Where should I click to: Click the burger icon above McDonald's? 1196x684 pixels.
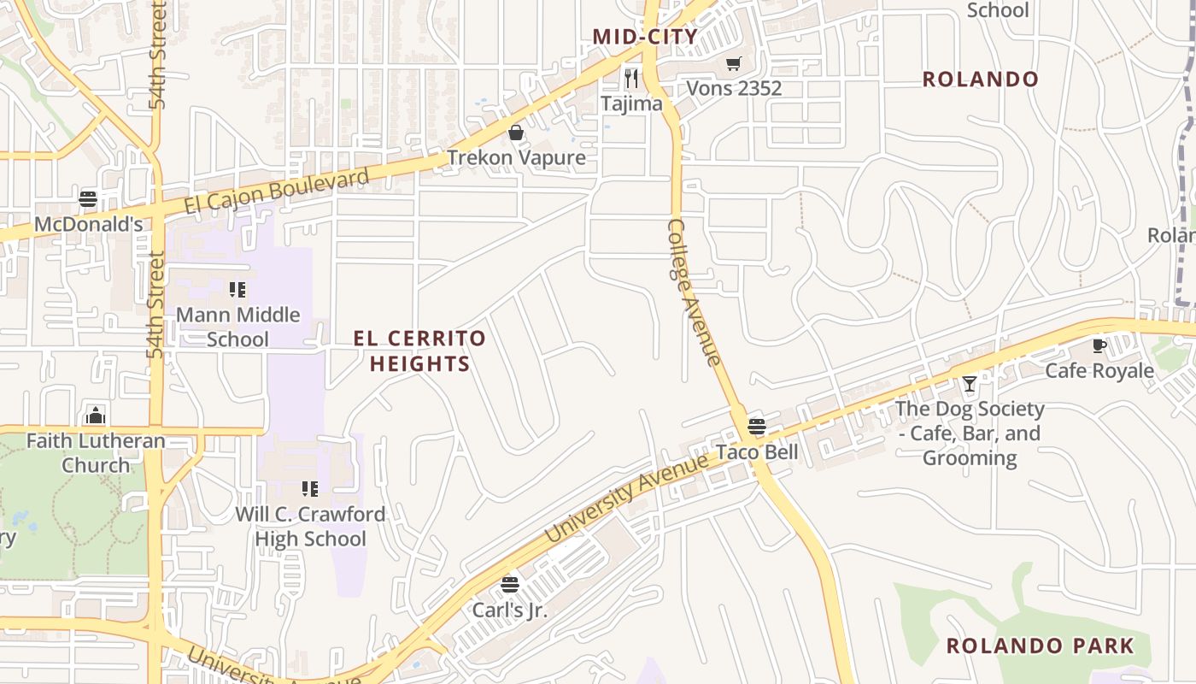(x=88, y=199)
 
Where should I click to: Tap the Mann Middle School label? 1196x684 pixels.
(x=237, y=327)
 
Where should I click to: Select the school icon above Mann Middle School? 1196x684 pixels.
(x=237, y=290)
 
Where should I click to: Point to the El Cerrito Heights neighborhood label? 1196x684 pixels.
(x=419, y=351)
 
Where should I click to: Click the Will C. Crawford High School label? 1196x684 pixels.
(x=310, y=527)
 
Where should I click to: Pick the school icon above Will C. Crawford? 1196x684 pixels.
(x=310, y=489)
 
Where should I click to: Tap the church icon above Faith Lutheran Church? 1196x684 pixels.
(x=96, y=416)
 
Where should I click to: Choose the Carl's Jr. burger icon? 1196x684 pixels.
(x=510, y=585)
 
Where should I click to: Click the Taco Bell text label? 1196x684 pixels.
(x=757, y=451)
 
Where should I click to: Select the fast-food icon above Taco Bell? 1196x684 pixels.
(x=757, y=426)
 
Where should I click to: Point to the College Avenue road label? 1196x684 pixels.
(x=693, y=292)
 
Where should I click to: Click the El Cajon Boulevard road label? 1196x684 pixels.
(x=278, y=192)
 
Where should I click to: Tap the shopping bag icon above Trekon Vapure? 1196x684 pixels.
(x=516, y=133)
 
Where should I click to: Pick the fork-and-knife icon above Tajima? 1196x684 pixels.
(x=631, y=79)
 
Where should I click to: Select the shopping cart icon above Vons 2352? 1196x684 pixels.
(x=733, y=64)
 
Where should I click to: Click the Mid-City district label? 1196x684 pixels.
(x=645, y=37)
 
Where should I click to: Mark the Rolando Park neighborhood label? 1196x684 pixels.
(x=1040, y=646)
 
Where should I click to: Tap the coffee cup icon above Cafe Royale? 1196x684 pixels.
(x=1099, y=346)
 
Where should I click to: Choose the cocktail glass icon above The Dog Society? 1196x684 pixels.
(x=970, y=384)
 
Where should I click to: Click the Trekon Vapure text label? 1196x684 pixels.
(x=516, y=157)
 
